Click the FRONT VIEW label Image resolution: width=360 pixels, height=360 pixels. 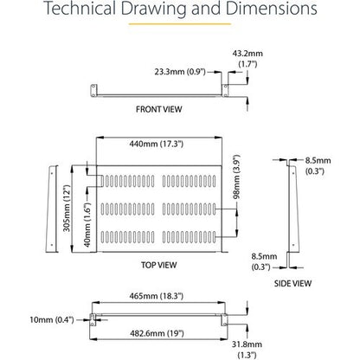click(x=159, y=109)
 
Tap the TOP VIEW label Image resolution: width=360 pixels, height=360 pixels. click(x=159, y=265)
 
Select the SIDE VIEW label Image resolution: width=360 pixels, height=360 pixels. click(x=292, y=284)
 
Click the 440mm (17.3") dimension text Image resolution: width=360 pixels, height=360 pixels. click(x=157, y=144)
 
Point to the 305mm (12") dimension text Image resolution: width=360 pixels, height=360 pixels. click(x=67, y=209)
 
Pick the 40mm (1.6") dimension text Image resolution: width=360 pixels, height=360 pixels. click(x=87, y=225)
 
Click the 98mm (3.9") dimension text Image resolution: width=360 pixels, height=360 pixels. click(x=236, y=177)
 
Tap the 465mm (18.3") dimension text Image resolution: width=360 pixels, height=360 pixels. click(x=156, y=296)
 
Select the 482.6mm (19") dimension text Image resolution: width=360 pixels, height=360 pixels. click(x=157, y=333)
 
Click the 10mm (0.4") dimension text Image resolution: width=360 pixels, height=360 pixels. click(x=52, y=319)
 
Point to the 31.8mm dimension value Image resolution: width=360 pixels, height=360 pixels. click(x=247, y=344)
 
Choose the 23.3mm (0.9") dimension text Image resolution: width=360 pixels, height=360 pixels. click(x=180, y=72)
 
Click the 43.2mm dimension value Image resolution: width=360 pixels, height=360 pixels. click(x=247, y=54)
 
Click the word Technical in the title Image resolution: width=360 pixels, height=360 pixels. click(x=80, y=9)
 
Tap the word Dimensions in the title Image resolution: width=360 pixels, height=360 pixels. click(x=271, y=9)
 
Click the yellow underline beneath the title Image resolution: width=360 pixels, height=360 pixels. click(x=180, y=24)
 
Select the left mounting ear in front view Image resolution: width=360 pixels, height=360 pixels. click(x=93, y=91)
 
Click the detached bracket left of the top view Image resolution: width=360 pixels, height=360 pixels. click(x=52, y=209)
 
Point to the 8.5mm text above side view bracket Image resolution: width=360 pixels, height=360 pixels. click(x=318, y=160)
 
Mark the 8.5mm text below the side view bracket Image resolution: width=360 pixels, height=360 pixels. click(x=264, y=256)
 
